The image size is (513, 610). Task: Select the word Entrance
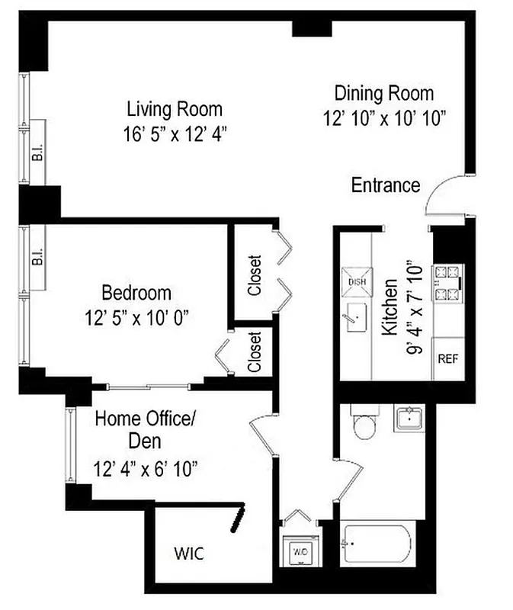click(386, 185)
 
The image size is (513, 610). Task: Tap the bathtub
click(377, 544)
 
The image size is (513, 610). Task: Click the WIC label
click(188, 553)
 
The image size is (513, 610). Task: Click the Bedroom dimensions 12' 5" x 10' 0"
click(137, 316)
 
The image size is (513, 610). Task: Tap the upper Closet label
click(255, 274)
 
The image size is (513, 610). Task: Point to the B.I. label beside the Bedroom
click(37, 258)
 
